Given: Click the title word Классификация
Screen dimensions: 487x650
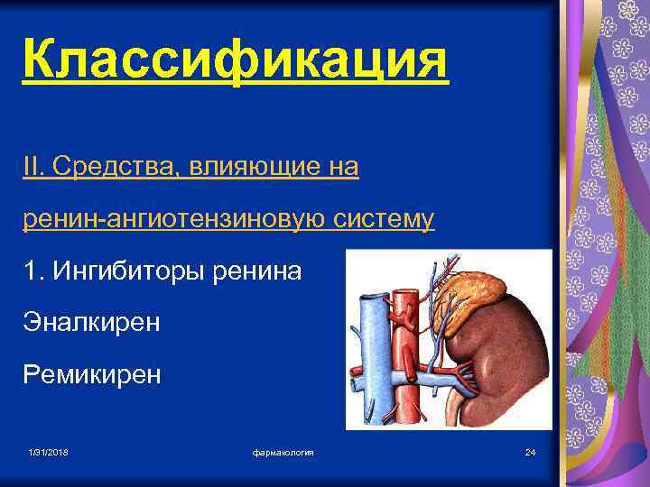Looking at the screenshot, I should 235,62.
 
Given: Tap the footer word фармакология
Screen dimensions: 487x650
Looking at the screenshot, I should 283,451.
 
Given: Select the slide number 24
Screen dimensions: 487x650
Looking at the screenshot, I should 530,451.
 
